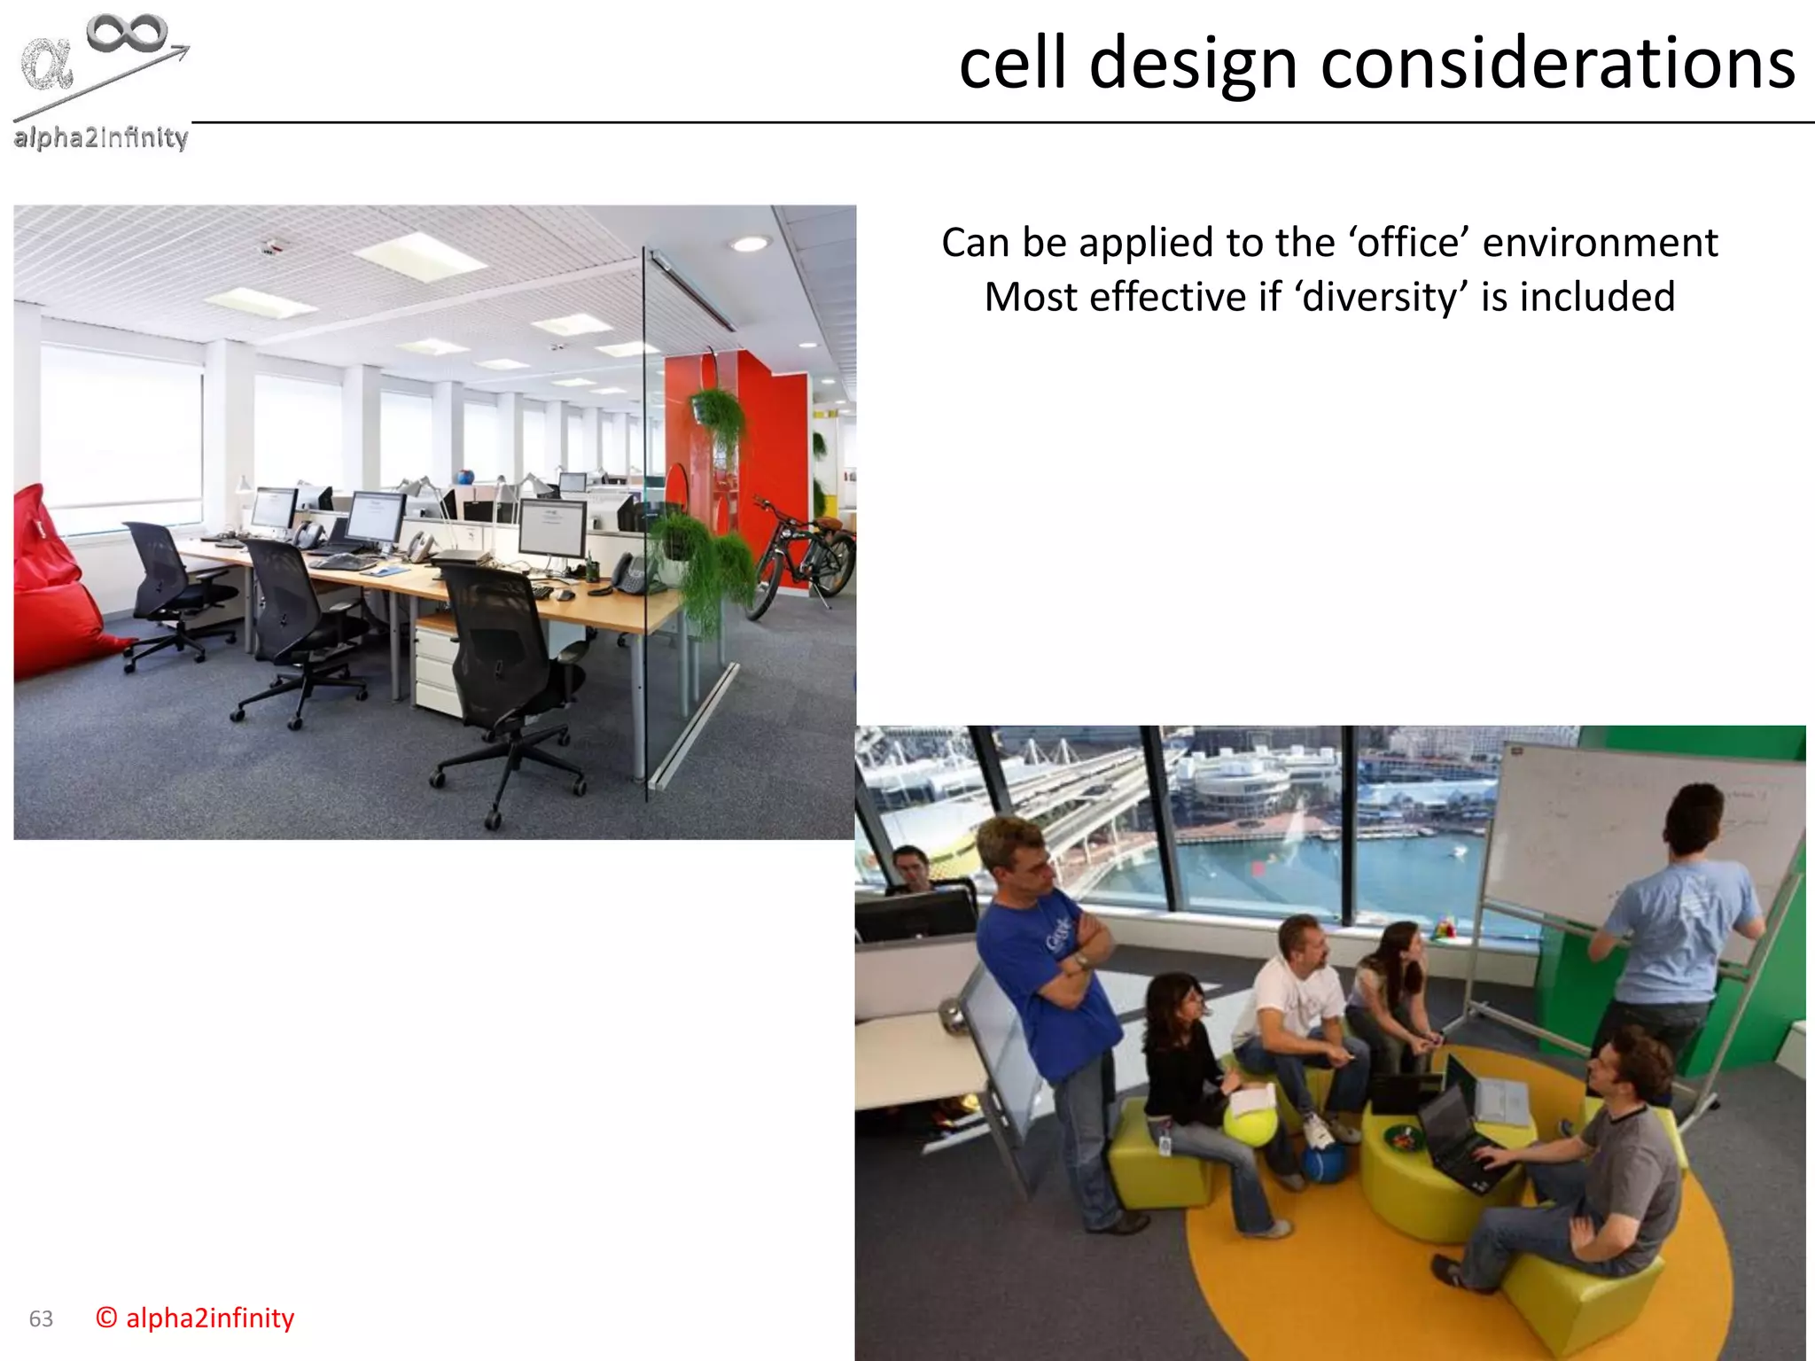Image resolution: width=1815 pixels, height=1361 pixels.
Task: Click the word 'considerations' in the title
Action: coord(1557,64)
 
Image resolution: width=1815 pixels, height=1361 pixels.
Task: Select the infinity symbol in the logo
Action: coord(127,33)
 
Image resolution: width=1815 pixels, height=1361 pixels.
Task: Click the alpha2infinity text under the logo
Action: coord(101,137)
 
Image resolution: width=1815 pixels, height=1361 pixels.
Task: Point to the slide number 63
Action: coord(41,1318)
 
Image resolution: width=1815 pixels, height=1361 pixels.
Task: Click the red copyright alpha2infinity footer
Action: coord(195,1318)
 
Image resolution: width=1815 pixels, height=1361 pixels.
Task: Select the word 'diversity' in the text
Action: coord(1379,297)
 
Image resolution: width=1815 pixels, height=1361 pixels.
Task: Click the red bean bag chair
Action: coord(53,585)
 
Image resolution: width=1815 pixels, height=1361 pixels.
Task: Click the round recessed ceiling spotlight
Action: coord(750,243)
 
